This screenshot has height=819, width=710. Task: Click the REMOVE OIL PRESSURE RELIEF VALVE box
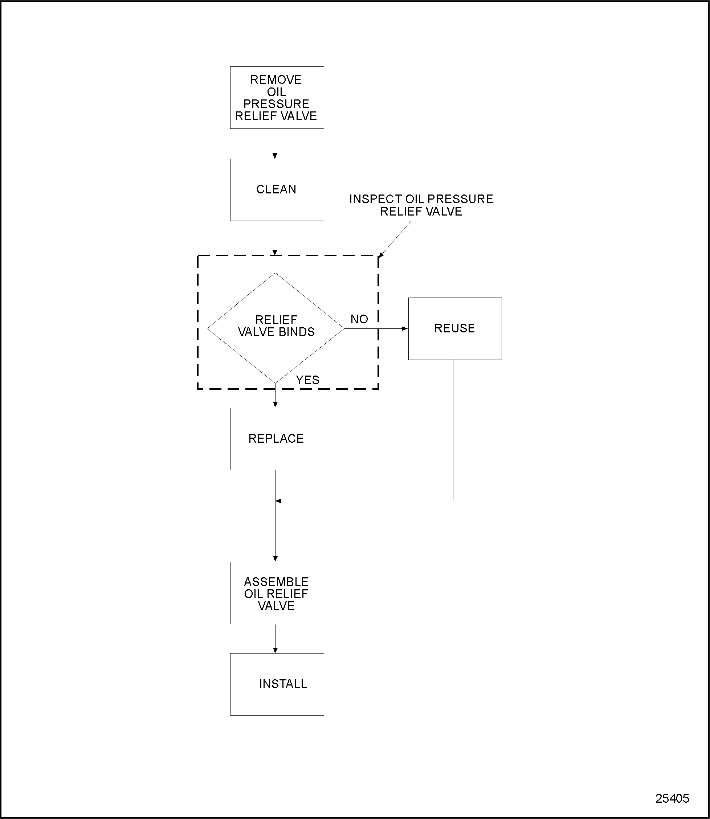[277, 97]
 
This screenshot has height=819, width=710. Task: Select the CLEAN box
[277, 190]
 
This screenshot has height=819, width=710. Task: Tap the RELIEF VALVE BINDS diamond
[276, 328]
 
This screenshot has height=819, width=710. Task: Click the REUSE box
[455, 328]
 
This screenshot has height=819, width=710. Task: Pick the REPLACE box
[277, 439]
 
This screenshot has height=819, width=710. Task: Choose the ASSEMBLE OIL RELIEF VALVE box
[277, 593]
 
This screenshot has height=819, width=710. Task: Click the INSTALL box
[277, 684]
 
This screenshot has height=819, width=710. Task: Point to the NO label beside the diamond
[359, 319]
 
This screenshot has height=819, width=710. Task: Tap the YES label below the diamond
[307, 380]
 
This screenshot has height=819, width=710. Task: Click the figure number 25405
[672, 798]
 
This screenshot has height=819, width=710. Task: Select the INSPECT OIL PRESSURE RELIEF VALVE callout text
[421, 205]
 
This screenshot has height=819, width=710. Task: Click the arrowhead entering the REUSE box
[405, 328]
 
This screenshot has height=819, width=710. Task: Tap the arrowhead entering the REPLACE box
[276, 405]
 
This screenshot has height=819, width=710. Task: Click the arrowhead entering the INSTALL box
[276, 650]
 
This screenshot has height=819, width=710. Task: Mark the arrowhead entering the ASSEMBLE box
[276, 559]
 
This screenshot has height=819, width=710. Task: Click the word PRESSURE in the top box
[276, 104]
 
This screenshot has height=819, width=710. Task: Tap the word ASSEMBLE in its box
[276, 582]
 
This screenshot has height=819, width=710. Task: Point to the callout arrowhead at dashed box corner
[381, 254]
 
